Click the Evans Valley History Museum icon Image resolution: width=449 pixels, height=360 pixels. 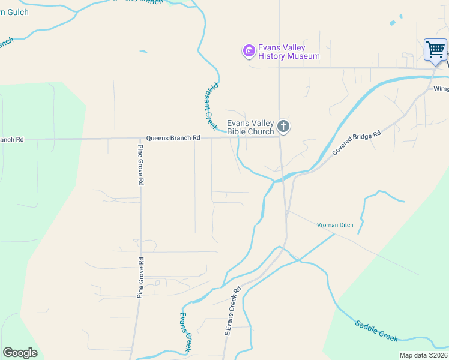249,52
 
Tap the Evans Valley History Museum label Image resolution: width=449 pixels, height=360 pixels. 289,52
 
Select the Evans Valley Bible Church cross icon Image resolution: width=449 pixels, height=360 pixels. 284,127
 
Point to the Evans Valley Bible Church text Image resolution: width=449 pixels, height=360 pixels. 250,127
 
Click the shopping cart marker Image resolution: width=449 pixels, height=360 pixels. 435,49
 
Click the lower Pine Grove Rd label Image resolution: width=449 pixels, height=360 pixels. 141,277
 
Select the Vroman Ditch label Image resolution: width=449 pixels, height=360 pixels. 335,225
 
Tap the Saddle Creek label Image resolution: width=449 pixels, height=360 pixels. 376,331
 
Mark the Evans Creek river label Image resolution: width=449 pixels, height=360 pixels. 185,332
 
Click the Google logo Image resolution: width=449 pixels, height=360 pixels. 20,352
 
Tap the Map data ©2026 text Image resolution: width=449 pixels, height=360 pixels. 423,355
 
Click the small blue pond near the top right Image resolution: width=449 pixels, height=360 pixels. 393,23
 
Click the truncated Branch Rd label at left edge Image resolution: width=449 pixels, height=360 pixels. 11,139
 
